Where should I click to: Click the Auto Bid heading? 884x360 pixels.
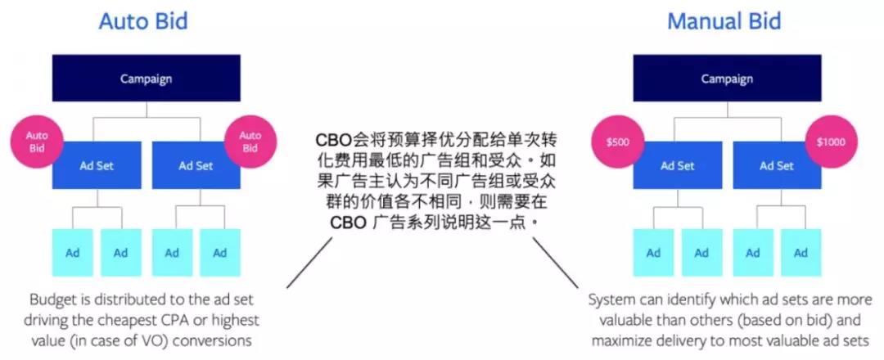143,21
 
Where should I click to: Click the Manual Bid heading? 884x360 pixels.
724,21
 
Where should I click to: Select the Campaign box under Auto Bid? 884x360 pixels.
146,79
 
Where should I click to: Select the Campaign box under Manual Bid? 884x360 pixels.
728,79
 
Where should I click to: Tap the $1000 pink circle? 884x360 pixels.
831,142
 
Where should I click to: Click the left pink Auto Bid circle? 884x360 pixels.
37,142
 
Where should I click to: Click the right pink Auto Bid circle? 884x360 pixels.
250,142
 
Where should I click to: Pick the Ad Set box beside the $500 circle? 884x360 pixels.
678,165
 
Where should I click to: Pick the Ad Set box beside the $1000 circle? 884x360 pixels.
777,165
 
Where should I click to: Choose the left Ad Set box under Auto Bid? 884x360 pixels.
97,165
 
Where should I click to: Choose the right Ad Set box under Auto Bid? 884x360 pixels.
196,165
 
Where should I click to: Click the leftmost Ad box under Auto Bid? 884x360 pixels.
73,252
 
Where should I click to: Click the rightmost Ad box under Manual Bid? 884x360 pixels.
801,252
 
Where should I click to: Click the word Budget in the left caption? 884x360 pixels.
51,299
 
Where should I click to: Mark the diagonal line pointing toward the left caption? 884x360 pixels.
310,263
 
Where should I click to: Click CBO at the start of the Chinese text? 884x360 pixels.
333,139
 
